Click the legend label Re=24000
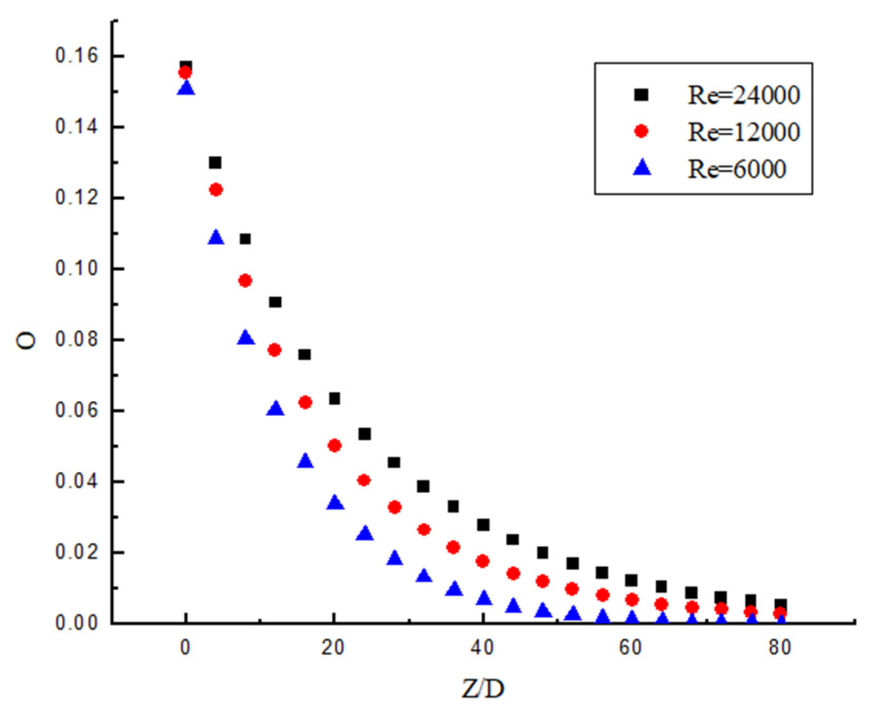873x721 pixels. click(x=743, y=95)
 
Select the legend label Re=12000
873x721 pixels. click(x=743, y=132)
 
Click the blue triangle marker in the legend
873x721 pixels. click(x=642, y=168)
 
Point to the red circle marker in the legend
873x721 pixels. click(x=641, y=131)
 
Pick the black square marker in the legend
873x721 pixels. click(x=641, y=95)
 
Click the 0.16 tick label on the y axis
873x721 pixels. click(x=77, y=55)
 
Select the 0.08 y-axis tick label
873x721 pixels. click(x=77, y=339)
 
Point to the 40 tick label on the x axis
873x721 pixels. click(x=482, y=648)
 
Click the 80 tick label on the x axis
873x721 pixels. click(x=780, y=648)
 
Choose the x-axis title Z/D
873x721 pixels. click(x=483, y=689)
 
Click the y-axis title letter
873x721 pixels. click(x=26, y=341)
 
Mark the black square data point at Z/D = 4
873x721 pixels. click(x=215, y=163)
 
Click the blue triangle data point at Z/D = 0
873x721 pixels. click(x=186, y=89)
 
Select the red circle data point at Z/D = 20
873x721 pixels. click(x=334, y=445)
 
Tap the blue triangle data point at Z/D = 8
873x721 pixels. click(x=245, y=338)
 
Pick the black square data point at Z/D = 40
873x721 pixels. click(x=483, y=525)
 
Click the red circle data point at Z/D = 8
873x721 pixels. click(x=245, y=281)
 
